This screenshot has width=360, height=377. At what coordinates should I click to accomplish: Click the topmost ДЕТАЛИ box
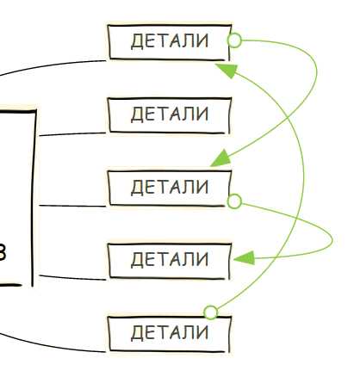[x=170, y=42]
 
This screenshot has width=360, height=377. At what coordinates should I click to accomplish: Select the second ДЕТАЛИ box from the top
[x=170, y=115]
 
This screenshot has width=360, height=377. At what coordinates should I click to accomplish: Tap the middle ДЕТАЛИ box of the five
[x=170, y=188]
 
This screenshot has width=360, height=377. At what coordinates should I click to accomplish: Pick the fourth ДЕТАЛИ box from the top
[x=170, y=261]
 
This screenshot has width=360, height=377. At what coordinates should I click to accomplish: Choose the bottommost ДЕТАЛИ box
[x=170, y=334]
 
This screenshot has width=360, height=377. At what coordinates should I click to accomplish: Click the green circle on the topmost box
[x=234, y=40]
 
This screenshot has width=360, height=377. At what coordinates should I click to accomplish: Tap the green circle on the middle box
[x=234, y=201]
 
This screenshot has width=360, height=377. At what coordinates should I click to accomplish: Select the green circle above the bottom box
[x=211, y=312]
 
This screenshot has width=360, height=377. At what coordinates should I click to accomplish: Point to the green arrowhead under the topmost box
[x=227, y=70]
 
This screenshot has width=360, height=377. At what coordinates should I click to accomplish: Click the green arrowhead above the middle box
[x=221, y=158]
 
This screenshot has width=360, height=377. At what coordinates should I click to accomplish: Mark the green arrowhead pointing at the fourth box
[x=245, y=258]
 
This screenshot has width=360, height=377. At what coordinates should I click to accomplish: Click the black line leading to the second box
[x=72, y=134]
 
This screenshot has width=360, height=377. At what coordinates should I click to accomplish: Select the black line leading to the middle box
[x=72, y=206]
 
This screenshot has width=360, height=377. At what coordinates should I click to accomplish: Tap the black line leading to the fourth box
[x=72, y=277]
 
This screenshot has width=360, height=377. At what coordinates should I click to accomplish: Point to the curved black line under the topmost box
[x=52, y=65]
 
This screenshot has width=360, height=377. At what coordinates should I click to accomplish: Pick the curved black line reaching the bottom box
[x=52, y=347]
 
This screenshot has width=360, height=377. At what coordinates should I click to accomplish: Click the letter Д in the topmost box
[x=137, y=41]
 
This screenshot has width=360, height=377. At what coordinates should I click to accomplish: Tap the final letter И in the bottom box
[x=202, y=332]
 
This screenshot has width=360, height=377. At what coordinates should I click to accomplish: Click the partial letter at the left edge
[x=3, y=252]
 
